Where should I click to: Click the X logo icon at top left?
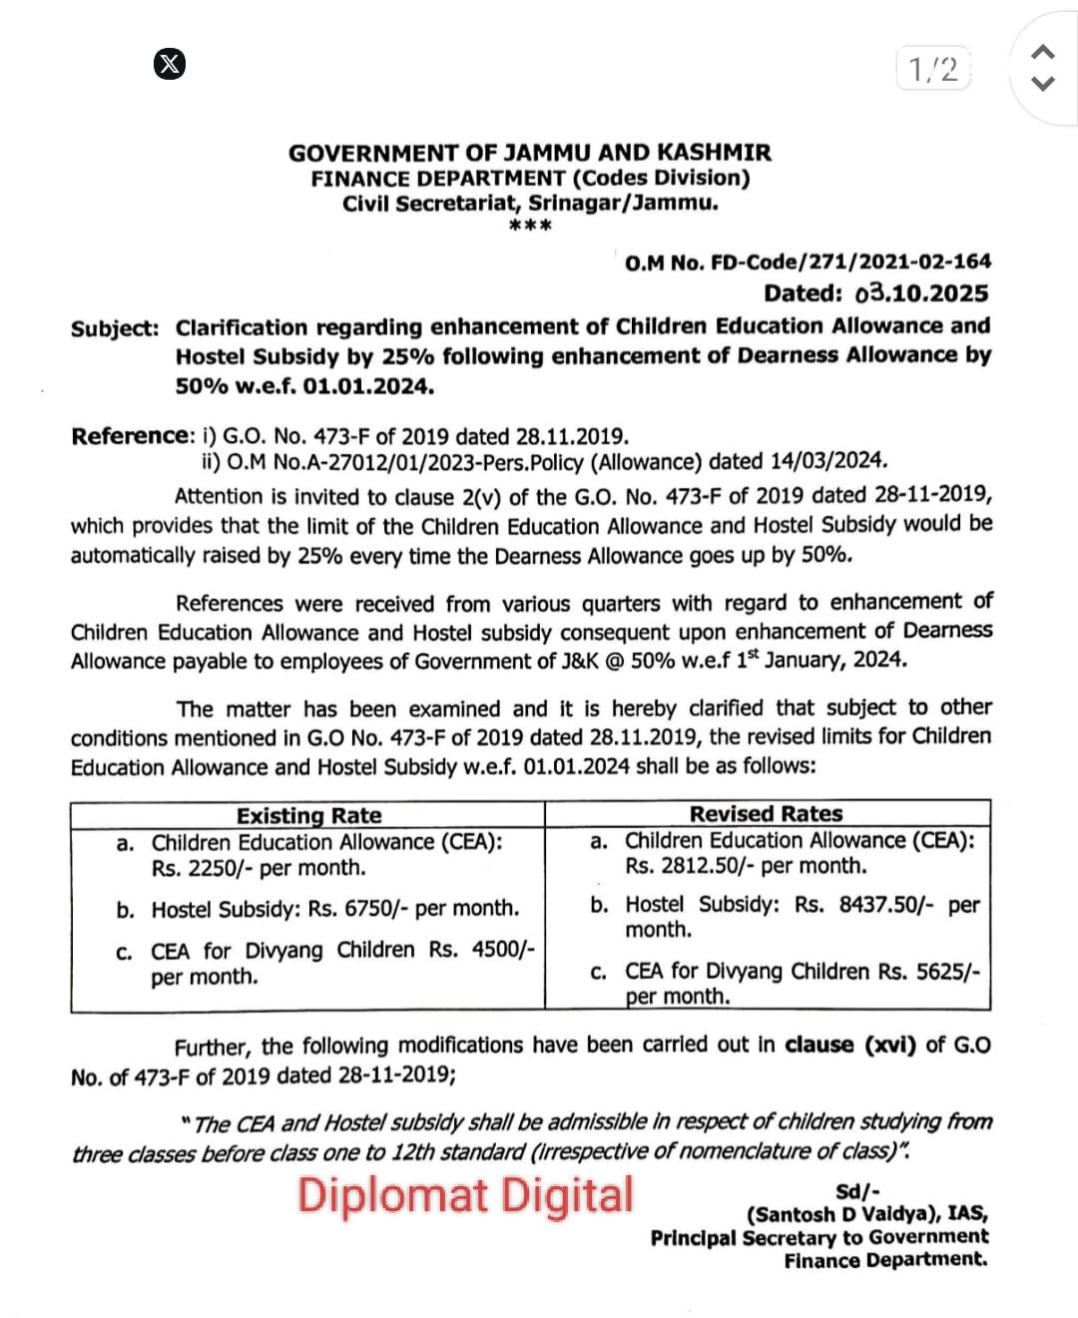coord(171,64)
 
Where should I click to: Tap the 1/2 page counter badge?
coord(933,69)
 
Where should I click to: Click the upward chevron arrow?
coord(1042,51)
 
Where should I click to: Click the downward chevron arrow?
coord(1042,83)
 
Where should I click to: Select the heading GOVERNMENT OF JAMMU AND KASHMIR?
coord(530,153)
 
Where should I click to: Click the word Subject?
coord(115,329)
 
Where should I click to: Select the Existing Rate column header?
coord(308,816)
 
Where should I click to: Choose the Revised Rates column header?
coord(766,814)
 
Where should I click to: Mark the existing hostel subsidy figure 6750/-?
coord(371,909)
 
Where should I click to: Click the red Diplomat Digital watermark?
coord(465,1195)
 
